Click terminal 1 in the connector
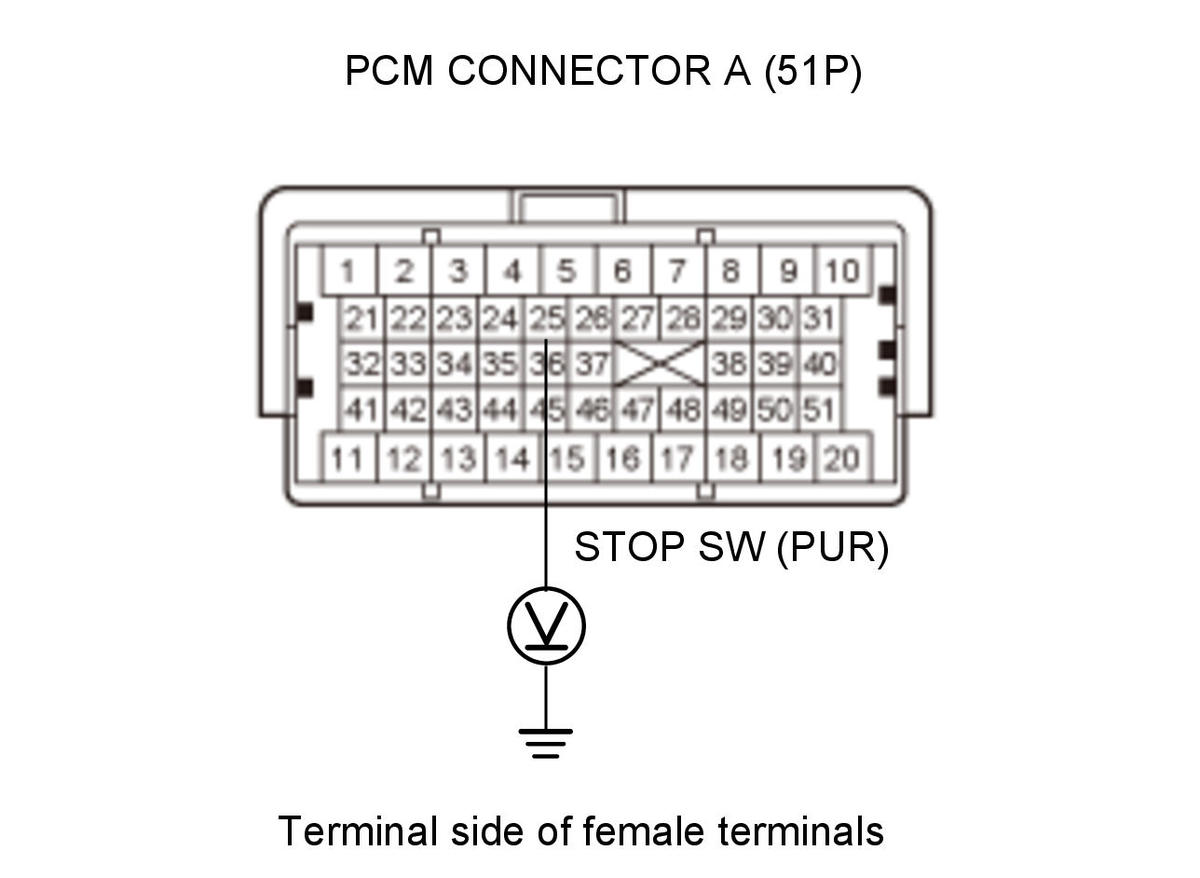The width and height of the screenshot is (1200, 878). coord(350,271)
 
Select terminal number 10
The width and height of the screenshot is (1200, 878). coord(842,271)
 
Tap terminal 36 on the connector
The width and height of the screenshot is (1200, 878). coord(546,364)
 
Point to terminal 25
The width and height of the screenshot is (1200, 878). coord(546,319)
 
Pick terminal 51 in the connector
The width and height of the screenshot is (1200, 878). coord(820,410)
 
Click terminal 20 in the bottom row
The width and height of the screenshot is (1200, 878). coord(843,459)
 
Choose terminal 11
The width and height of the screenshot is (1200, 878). coord(350,459)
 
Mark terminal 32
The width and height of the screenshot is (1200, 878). coord(362,364)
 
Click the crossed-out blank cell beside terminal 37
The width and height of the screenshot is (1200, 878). coord(660,364)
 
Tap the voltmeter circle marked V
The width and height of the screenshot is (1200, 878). coord(546,626)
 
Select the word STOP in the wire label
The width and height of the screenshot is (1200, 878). coord(631,547)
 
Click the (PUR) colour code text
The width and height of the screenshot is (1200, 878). coord(832,547)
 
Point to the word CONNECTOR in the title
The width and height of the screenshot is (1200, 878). coord(579,71)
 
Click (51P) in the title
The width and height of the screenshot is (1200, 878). coord(813,72)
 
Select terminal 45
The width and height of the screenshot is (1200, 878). coord(546,410)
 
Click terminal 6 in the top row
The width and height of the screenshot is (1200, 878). coord(623,271)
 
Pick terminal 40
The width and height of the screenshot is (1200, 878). coord(820,364)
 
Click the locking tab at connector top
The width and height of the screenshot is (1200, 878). coord(569,206)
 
